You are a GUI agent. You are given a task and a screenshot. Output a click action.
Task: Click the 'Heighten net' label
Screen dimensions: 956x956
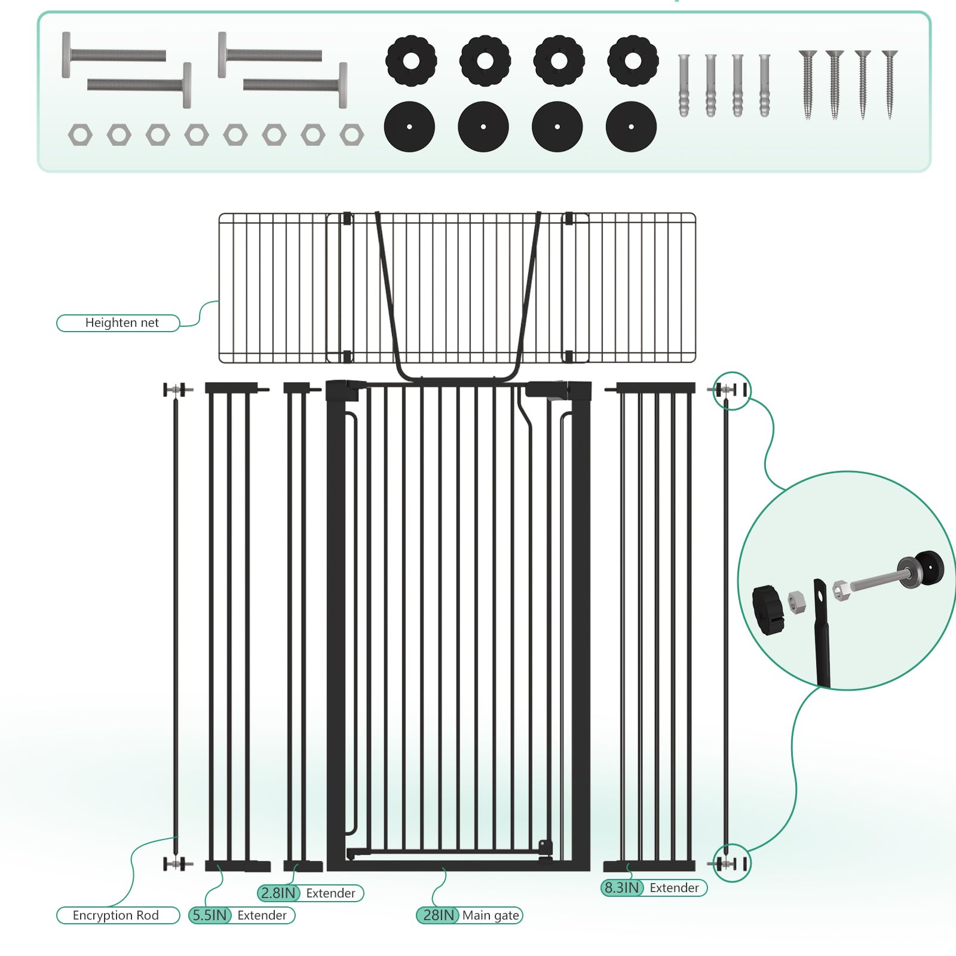pyautogui.click(x=122, y=323)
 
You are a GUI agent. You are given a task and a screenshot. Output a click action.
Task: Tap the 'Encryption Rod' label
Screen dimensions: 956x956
pyautogui.click(x=116, y=915)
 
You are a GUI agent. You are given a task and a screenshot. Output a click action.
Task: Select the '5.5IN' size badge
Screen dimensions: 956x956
pyautogui.click(x=210, y=915)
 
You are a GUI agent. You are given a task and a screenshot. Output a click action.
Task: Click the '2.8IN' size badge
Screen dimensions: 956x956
pyautogui.click(x=278, y=893)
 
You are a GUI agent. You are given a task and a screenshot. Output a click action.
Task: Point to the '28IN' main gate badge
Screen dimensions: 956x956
pyautogui.click(x=438, y=915)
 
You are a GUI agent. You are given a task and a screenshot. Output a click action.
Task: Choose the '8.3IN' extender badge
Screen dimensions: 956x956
pyautogui.click(x=621, y=888)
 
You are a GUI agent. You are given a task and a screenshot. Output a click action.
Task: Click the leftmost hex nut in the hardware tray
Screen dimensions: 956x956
pyautogui.click(x=80, y=135)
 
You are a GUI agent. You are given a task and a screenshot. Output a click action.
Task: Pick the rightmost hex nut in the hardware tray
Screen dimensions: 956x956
pyautogui.click(x=351, y=135)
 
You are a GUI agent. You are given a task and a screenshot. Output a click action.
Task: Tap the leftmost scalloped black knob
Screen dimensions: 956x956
pyautogui.click(x=411, y=60)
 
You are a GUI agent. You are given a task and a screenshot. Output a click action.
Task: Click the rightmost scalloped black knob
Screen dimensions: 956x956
pyautogui.click(x=633, y=60)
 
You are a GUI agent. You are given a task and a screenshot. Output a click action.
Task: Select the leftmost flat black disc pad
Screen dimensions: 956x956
pyautogui.click(x=409, y=127)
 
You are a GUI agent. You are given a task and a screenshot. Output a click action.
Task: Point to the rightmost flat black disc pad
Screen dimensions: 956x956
pyautogui.click(x=631, y=127)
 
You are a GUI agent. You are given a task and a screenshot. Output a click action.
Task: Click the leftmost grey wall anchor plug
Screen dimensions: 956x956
pyautogui.click(x=684, y=85)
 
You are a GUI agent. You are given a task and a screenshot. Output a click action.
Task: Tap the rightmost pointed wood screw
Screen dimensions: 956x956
pyautogui.click(x=890, y=84)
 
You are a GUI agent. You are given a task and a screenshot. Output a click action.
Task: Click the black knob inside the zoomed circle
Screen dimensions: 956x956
pyautogui.click(x=768, y=610)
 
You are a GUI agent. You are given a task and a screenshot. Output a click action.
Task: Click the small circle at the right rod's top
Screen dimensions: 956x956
pyautogui.click(x=732, y=390)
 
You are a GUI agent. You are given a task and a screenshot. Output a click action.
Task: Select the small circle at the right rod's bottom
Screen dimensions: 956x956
pyautogui.click(x=732, y=863)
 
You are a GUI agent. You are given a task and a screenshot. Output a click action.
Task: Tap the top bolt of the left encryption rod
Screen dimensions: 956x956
pyautogui.click(x=177, y=390)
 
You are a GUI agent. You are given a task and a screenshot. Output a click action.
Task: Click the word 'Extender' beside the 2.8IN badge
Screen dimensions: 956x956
pyautogui.click(x=330, y=893)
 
